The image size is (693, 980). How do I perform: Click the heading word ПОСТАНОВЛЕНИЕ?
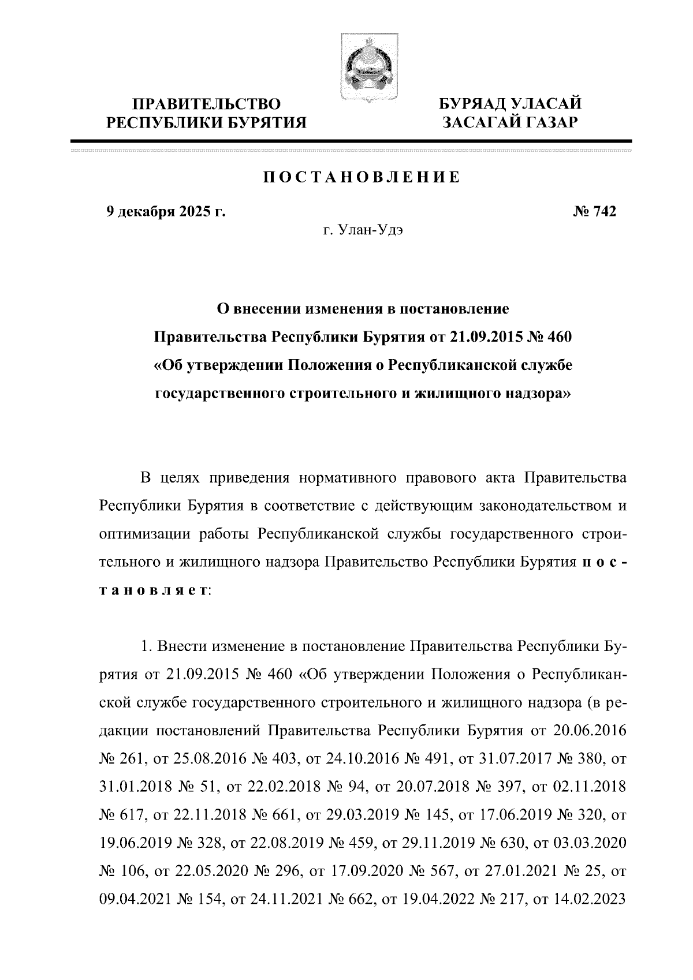tap(362, 177)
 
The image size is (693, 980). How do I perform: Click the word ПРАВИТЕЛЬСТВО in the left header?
tap(207, 104)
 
